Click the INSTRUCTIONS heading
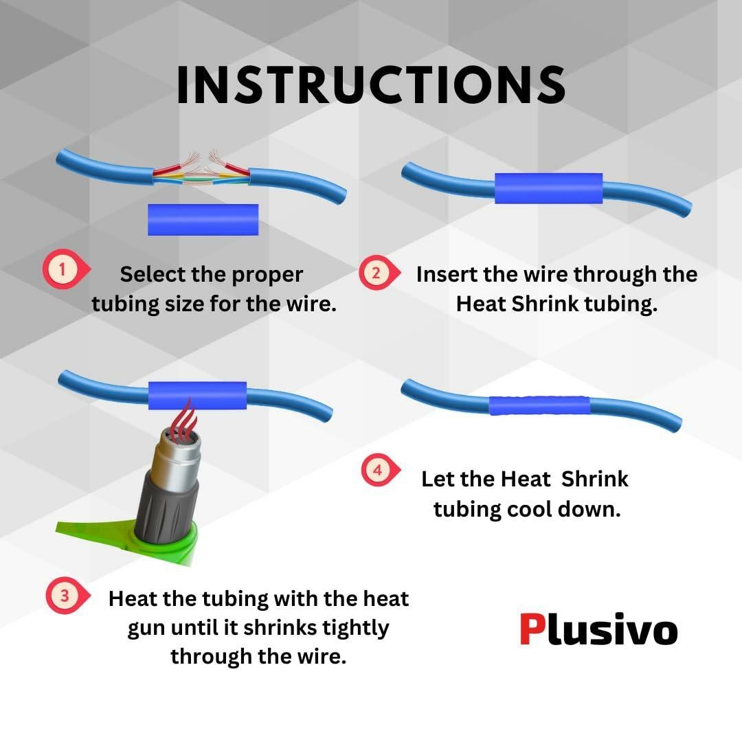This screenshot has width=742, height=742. tap(371, 85)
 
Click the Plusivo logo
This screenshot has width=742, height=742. tap(598, 629)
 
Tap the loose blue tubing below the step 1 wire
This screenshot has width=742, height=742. tap(203, 220)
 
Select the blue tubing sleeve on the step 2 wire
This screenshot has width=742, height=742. tap(548, 188)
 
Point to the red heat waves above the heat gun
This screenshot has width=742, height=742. tap(185, 416)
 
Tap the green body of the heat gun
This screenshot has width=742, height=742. tap(142, 539)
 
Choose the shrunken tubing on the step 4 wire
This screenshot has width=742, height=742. tap(539, 405)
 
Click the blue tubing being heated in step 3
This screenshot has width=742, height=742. tap(197, 395)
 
